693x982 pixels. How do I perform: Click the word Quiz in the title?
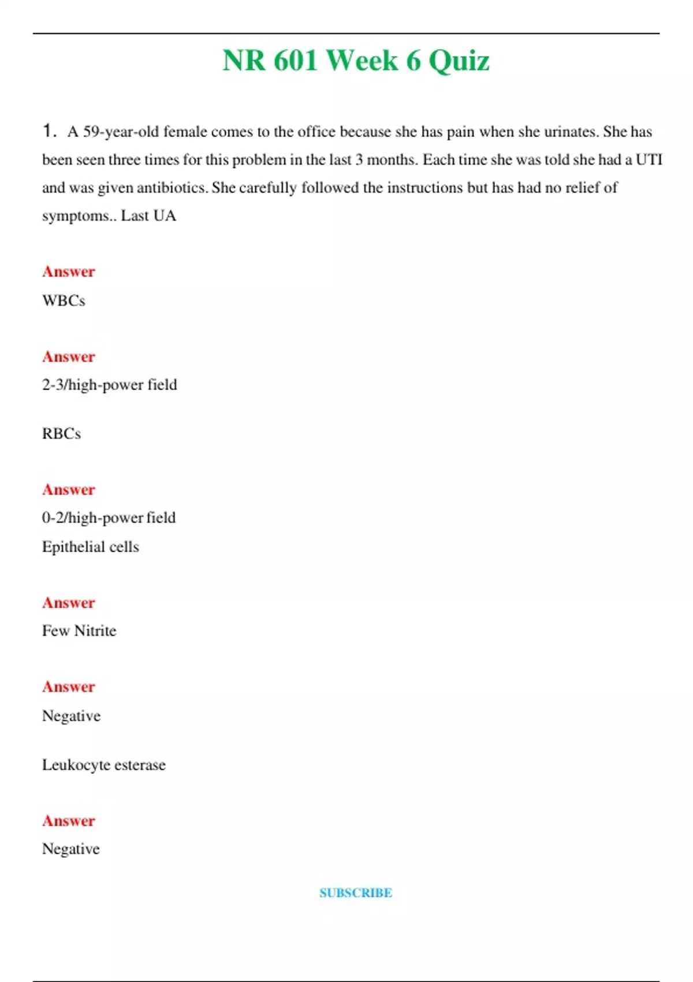(459, 61)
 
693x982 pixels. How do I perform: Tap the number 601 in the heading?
(295, 61)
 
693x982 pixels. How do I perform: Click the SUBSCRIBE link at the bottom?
(356, 893)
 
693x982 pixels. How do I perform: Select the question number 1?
(49, 131)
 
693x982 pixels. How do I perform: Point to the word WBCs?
(64, 301)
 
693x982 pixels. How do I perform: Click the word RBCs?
(61, 434)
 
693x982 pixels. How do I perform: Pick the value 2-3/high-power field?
(110, 385)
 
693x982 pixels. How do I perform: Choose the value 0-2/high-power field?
(109, 518)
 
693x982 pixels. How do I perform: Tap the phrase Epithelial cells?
(91, 547)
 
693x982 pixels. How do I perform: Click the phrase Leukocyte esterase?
(104, 765)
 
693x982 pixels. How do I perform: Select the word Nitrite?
(95, 631)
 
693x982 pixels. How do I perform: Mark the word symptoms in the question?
(75, 217)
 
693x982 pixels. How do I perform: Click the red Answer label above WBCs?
(69, 271)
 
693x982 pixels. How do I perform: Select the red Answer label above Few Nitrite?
(69, 602)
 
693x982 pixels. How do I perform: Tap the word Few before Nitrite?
(55, 631)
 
